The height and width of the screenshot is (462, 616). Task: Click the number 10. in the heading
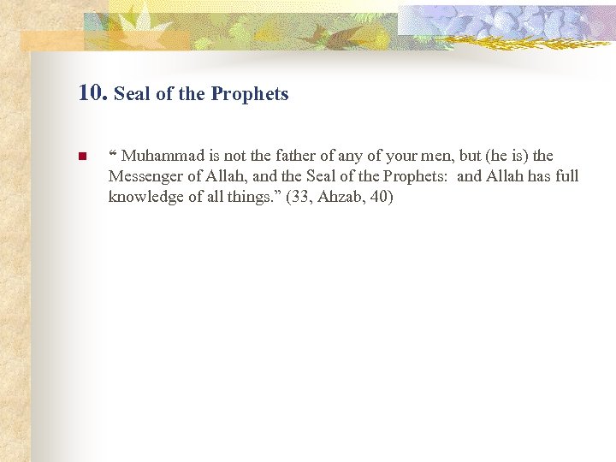[x=92, y=92]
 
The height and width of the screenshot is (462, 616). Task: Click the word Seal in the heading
[x=131, y=94]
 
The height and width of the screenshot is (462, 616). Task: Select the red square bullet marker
[x=82, y=157]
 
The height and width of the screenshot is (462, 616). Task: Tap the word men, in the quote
[x=412, y=156]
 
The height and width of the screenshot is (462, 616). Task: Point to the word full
[x=566, y=176]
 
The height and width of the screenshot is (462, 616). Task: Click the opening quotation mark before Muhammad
[x=113, y=154]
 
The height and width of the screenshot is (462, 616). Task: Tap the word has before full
[x=536, y=176]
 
